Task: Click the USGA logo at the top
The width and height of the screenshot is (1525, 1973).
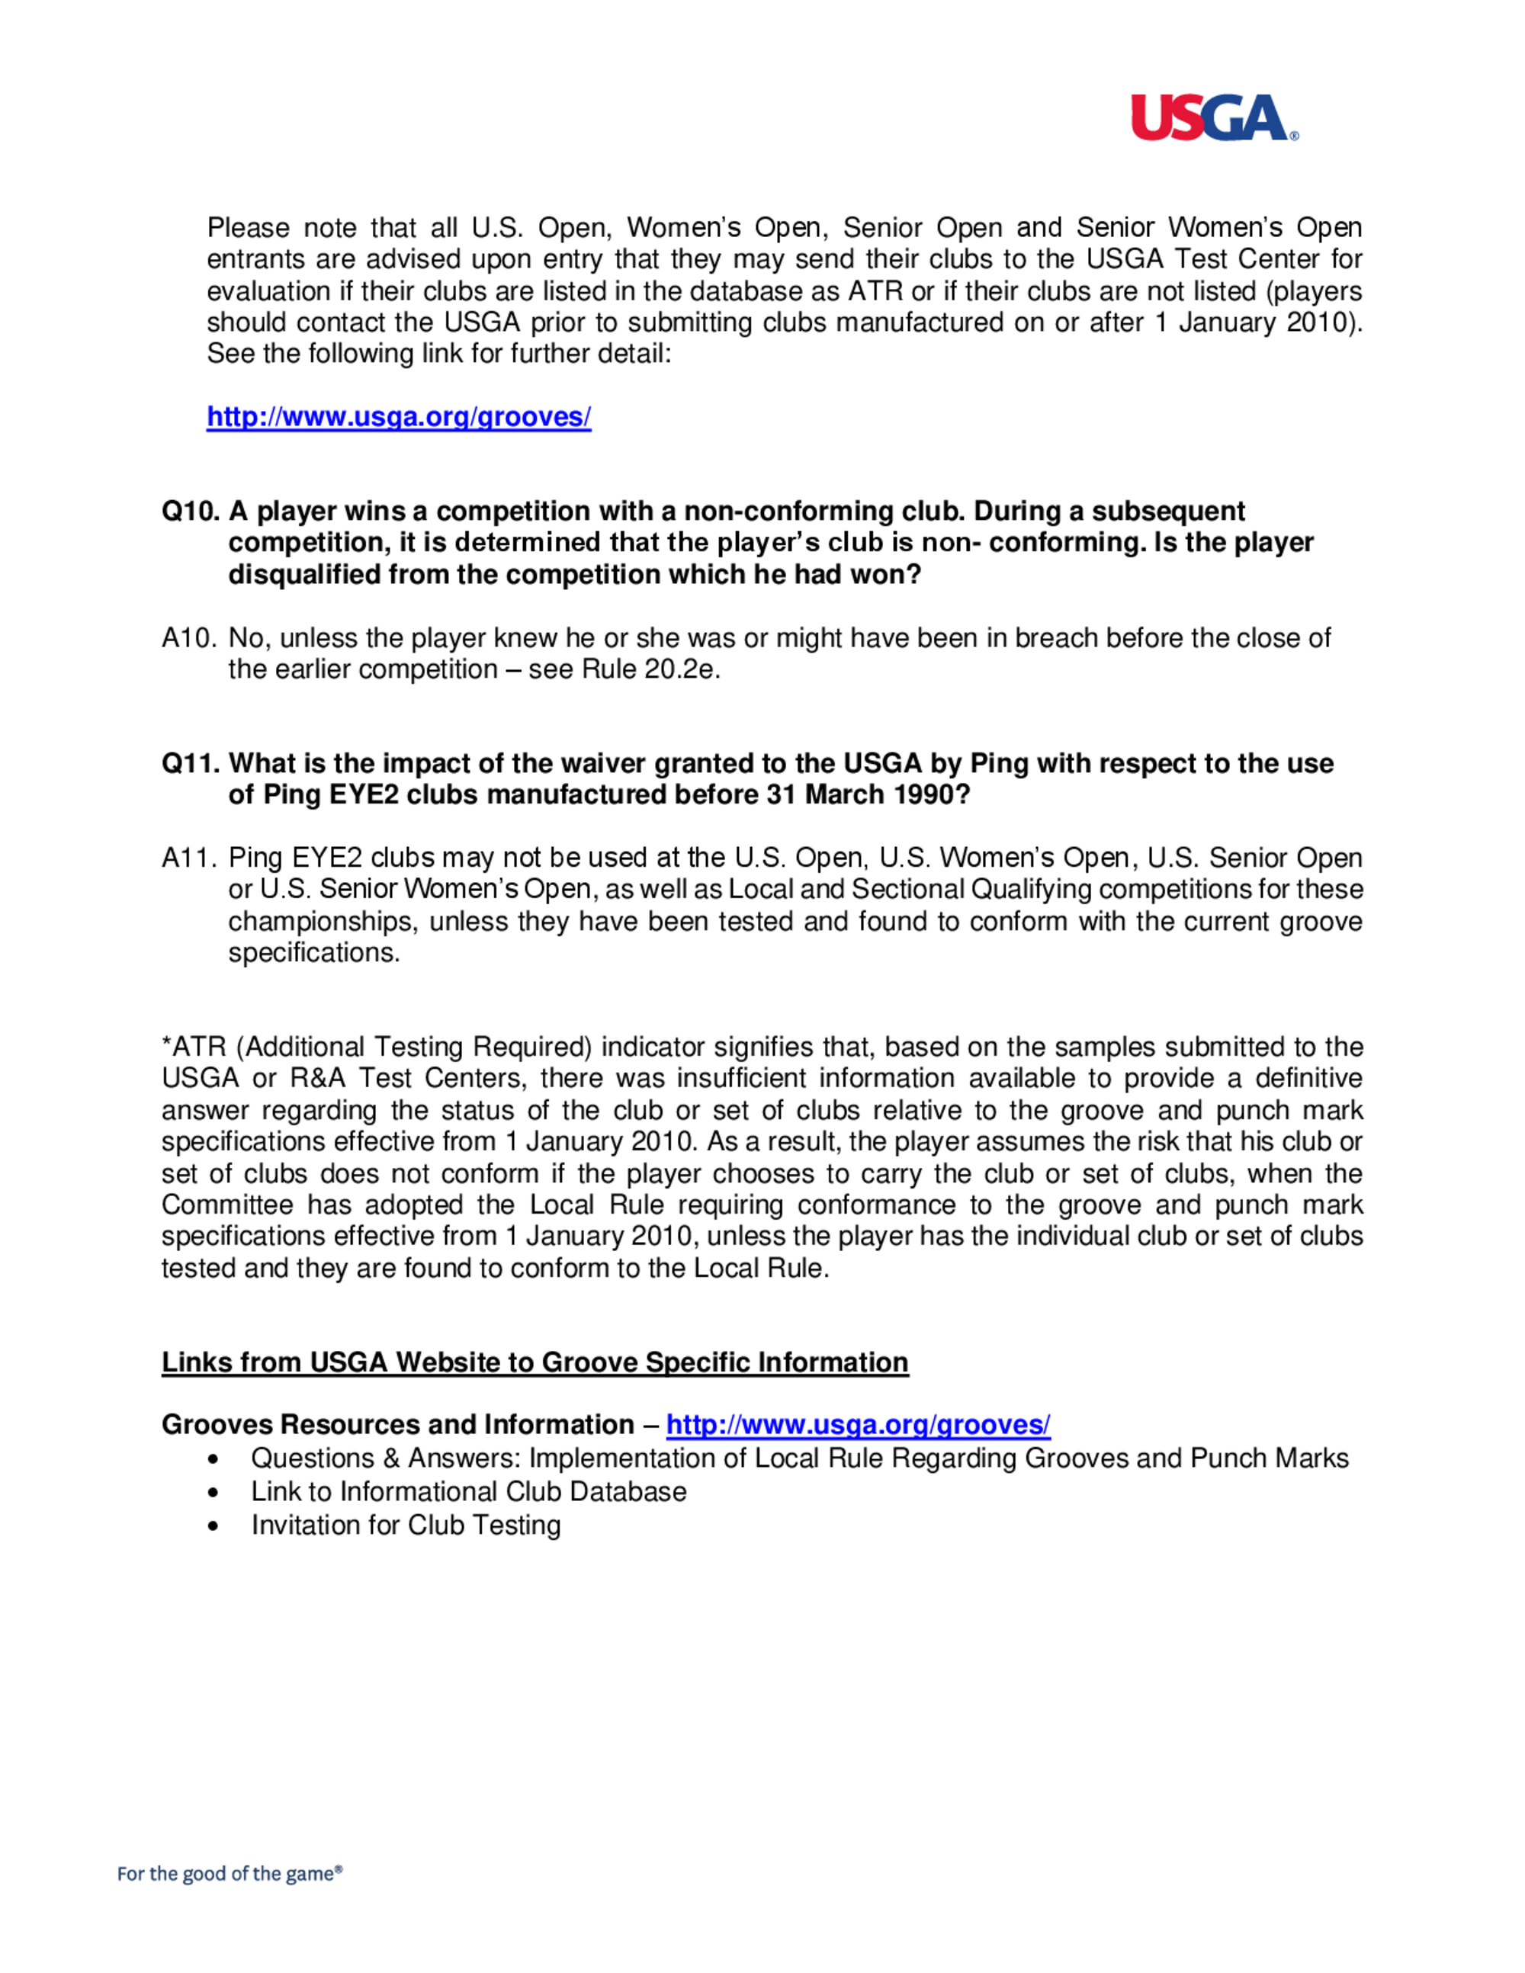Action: [x=1213, y=118]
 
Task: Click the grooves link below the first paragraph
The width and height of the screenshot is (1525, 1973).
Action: [x=399, y=416]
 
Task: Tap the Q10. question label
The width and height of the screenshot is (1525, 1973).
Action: [x=191, y=512]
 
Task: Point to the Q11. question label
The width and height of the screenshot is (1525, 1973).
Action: [x=191, y=763]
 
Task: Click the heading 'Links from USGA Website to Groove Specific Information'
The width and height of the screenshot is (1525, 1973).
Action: [x=535, y=1362]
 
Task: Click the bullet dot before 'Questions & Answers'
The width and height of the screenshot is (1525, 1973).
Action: [x=213, y=1459]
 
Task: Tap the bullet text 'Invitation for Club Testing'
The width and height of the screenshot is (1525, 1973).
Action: [x=406, y=1525]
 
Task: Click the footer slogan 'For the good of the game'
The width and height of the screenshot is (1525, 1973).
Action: [x=230, y=1874]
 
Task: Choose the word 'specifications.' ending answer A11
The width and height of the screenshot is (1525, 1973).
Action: [x=313, y=953]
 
